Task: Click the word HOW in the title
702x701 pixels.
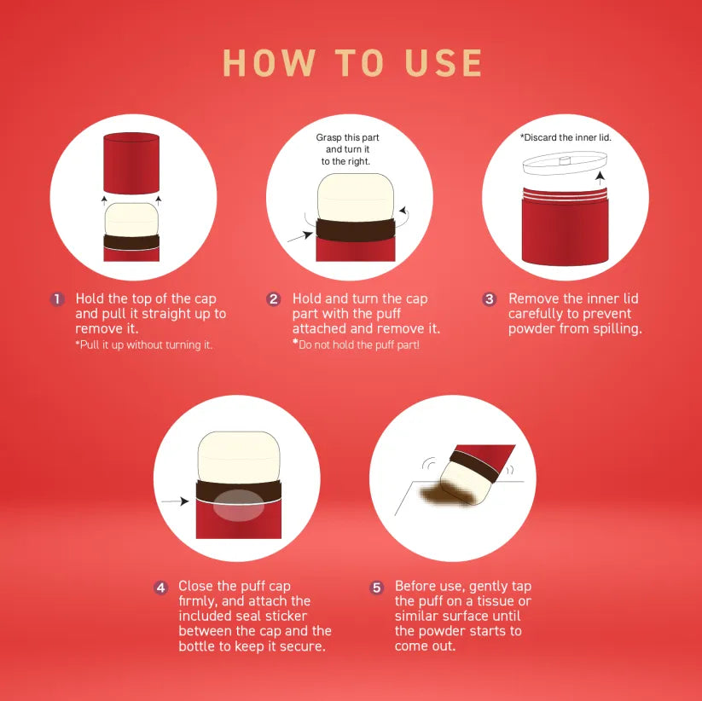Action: pyautogui.click(x=269, y=63)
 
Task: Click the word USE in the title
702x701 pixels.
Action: pyautogui.click(x=444, y=63)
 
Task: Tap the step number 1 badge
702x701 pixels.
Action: pyautogui.click(x=57, y=299)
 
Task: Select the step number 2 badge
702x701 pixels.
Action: pyautogui.click(x=274, y=299)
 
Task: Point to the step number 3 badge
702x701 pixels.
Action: pyautogui.click(x=490, y=299)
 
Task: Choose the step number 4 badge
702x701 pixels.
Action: pyautogui.click(x=160, y=588)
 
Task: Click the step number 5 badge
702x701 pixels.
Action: pyautogui.click(x=377, y=588)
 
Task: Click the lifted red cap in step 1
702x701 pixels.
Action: pyautogui.click(x=131, y=164)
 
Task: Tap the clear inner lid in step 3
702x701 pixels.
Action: pyautogui.click(x=565, y=163)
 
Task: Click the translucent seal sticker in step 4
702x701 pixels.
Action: pyautogui.click(x=239, y=506)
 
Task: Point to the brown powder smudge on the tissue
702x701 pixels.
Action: pyautogui.click(x=446, y=494)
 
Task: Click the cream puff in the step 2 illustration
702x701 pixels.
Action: pyautogui.click(x=356, y=197)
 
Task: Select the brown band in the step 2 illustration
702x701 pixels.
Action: pyautogui.click(x=356, y=229)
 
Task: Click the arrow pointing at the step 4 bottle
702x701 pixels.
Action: pyautogui.click(x=175, y=501)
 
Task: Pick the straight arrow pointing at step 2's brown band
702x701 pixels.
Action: pyautogui.click(x=300, y=237)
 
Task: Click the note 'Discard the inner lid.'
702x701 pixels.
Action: pyautogui.click(x=566, y=137)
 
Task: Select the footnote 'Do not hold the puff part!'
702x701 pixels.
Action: pyautogui.click(x=357, y=345)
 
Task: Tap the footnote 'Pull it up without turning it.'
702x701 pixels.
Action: pyautogui.click(x=143, y=345)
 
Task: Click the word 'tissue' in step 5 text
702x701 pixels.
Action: pyautogui.click(x=496, y=600)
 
